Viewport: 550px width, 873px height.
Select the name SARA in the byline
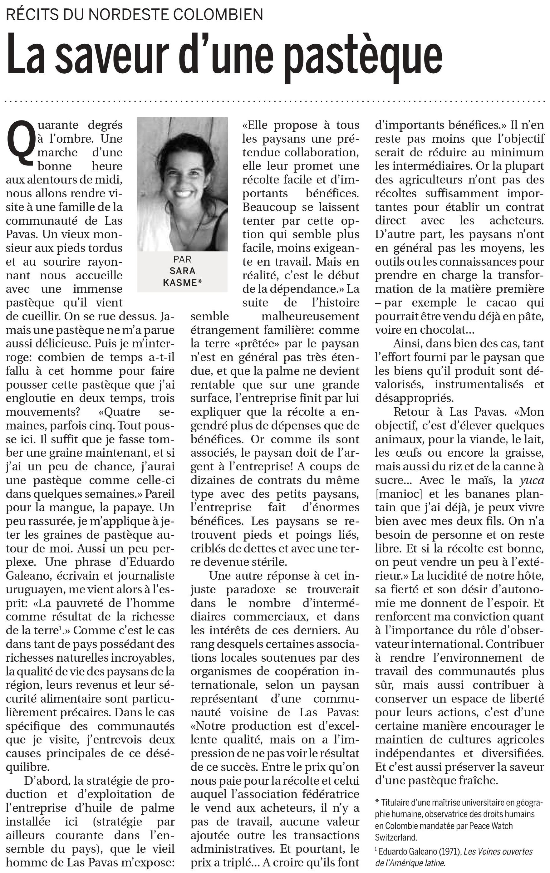point(182,271)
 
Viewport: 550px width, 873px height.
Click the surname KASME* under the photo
point(182,283)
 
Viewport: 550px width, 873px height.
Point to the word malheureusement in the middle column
point(310,316)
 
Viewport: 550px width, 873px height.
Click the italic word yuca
point(532,480)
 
